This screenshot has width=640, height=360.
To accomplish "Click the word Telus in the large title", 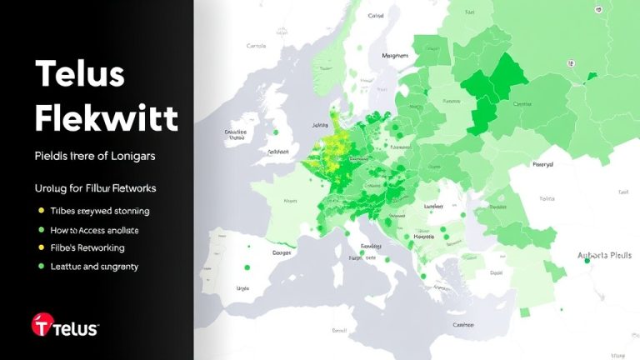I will pos(80,75).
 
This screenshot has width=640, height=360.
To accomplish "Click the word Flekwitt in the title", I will pos(107,118).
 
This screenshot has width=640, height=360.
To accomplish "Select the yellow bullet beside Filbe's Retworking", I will pos(41,248).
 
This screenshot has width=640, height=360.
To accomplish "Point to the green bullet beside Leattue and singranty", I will pos(41,267).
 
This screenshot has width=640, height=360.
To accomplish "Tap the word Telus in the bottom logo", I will pos(77,328).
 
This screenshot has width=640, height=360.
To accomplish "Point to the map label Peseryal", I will pos(542,165).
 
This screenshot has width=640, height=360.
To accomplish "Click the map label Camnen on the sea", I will pos(463,326).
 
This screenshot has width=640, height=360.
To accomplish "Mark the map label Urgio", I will pos(243,287).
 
